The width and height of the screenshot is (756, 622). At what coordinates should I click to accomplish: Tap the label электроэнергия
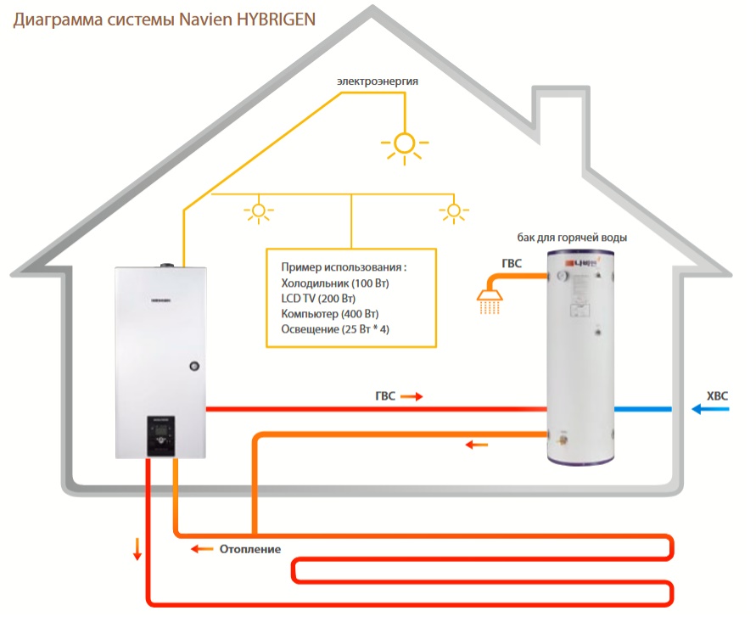(x=378, y=81)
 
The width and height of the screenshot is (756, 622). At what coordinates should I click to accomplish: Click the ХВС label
(x=718, y=395)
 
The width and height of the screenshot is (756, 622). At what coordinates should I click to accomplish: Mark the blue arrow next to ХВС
(x=709, y=410)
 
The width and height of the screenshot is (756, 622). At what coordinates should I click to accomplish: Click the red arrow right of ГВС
(x=411, y=396)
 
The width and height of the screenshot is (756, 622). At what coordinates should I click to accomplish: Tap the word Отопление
(x=250, y=549)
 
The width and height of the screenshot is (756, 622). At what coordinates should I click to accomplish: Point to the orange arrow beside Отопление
(x=201, y=549)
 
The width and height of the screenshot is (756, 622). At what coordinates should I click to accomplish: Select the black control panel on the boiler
(x=162, y=436)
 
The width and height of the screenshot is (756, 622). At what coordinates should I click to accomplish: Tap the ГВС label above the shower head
(x=511, y=264)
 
